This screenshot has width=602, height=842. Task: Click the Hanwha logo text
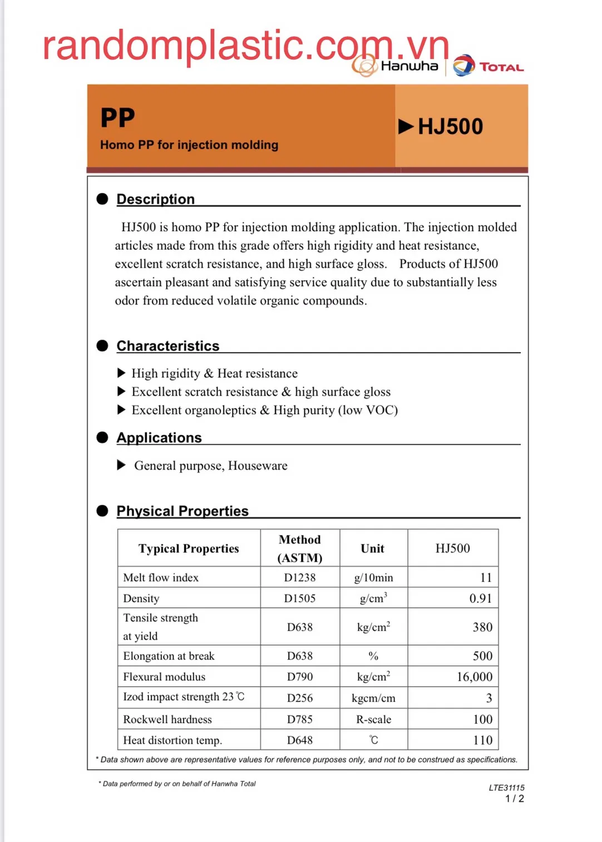(409, 66)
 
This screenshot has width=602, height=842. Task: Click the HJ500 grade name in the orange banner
(450, 127)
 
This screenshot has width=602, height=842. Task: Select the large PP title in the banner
(118, 118)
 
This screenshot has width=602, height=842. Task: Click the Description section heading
(155, 199)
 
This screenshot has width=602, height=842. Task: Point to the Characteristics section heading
(167, 346)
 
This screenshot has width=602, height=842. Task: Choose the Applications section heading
(159, 438)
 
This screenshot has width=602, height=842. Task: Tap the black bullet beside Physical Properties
(102, 511)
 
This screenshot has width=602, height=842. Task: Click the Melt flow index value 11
(486, 578)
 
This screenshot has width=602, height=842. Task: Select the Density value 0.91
(480, 598)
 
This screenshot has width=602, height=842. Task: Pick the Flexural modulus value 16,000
(474, 677)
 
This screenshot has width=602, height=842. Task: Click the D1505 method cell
(299, 598)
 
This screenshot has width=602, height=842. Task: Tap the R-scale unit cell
(373, 720)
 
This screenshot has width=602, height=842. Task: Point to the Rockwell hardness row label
(167, 720)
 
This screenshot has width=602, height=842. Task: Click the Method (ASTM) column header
(299, 548)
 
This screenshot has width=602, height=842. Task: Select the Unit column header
(372, 548)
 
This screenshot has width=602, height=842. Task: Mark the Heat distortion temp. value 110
(482, 740)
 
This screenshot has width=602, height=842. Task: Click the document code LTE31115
(506, 787)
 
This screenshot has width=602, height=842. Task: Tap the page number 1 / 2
(514, 799)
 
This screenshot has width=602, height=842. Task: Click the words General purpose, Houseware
(210, 465)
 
